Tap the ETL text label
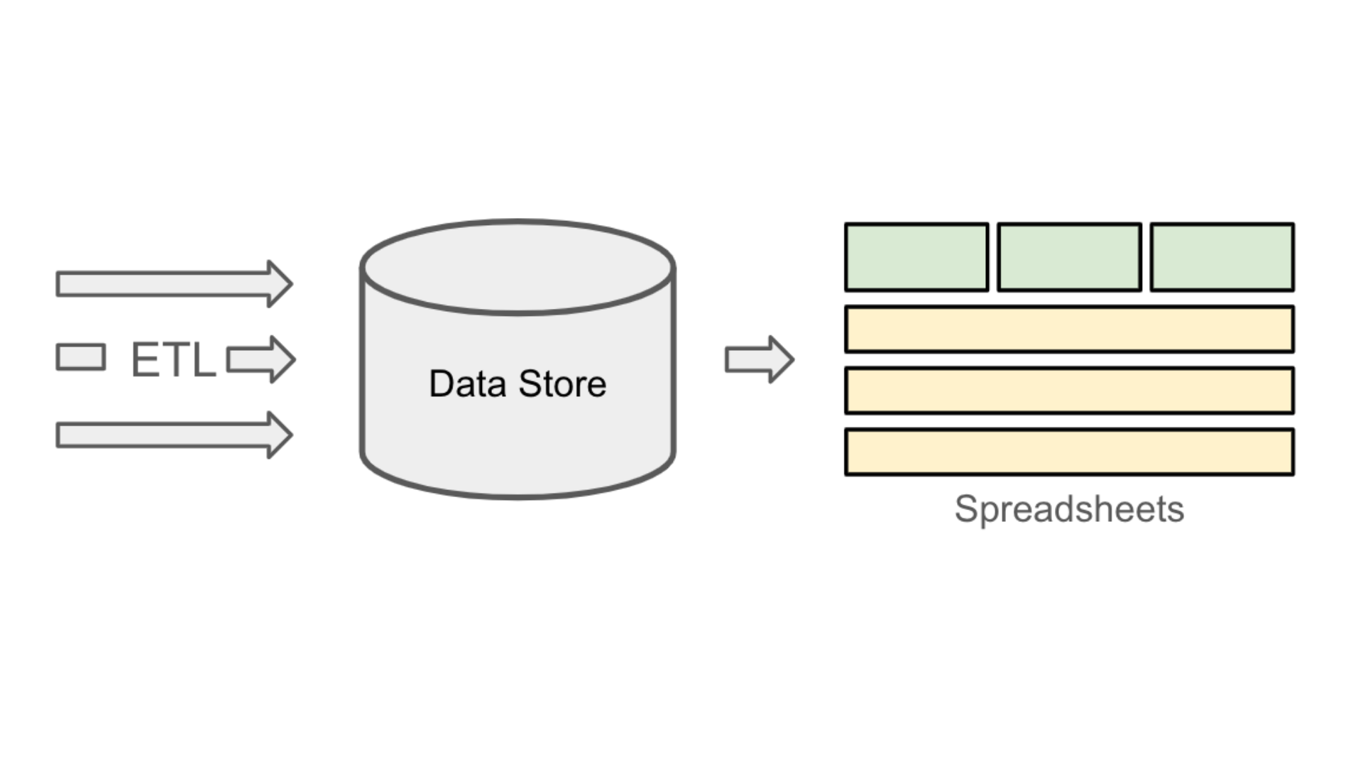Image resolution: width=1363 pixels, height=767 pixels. (x=173, y=359)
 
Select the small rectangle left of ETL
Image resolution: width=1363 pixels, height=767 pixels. (x=81, y=357)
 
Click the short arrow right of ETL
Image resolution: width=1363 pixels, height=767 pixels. (x=260, y=359)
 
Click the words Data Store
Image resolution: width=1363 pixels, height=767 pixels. (x=518, y=384)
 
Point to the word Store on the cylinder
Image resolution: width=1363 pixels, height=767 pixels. (x=562, y=384)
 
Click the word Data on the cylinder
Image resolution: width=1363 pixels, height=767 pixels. (x=467, y=384)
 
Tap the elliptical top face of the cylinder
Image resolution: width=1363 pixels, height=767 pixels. (x=518, y=267)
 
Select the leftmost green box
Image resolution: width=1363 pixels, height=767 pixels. (x=916, y=257)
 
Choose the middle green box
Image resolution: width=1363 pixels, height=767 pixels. (x=1069, y=257)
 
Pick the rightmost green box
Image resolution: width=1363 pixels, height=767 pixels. (x=1222, y=257)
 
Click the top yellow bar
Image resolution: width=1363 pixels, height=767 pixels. (x=1069, y=330)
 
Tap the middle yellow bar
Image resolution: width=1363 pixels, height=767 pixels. (x=1069, y=391)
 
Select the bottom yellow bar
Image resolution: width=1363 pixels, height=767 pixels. (x=1069, y=452)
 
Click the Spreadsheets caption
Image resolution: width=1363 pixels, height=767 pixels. (x=1069, y=509)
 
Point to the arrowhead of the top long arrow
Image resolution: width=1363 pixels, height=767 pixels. (x=278, y=284)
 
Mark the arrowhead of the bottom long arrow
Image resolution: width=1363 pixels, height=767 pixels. (x=278, y=435)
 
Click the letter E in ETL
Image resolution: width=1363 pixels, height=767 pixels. (x=145, y=359)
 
